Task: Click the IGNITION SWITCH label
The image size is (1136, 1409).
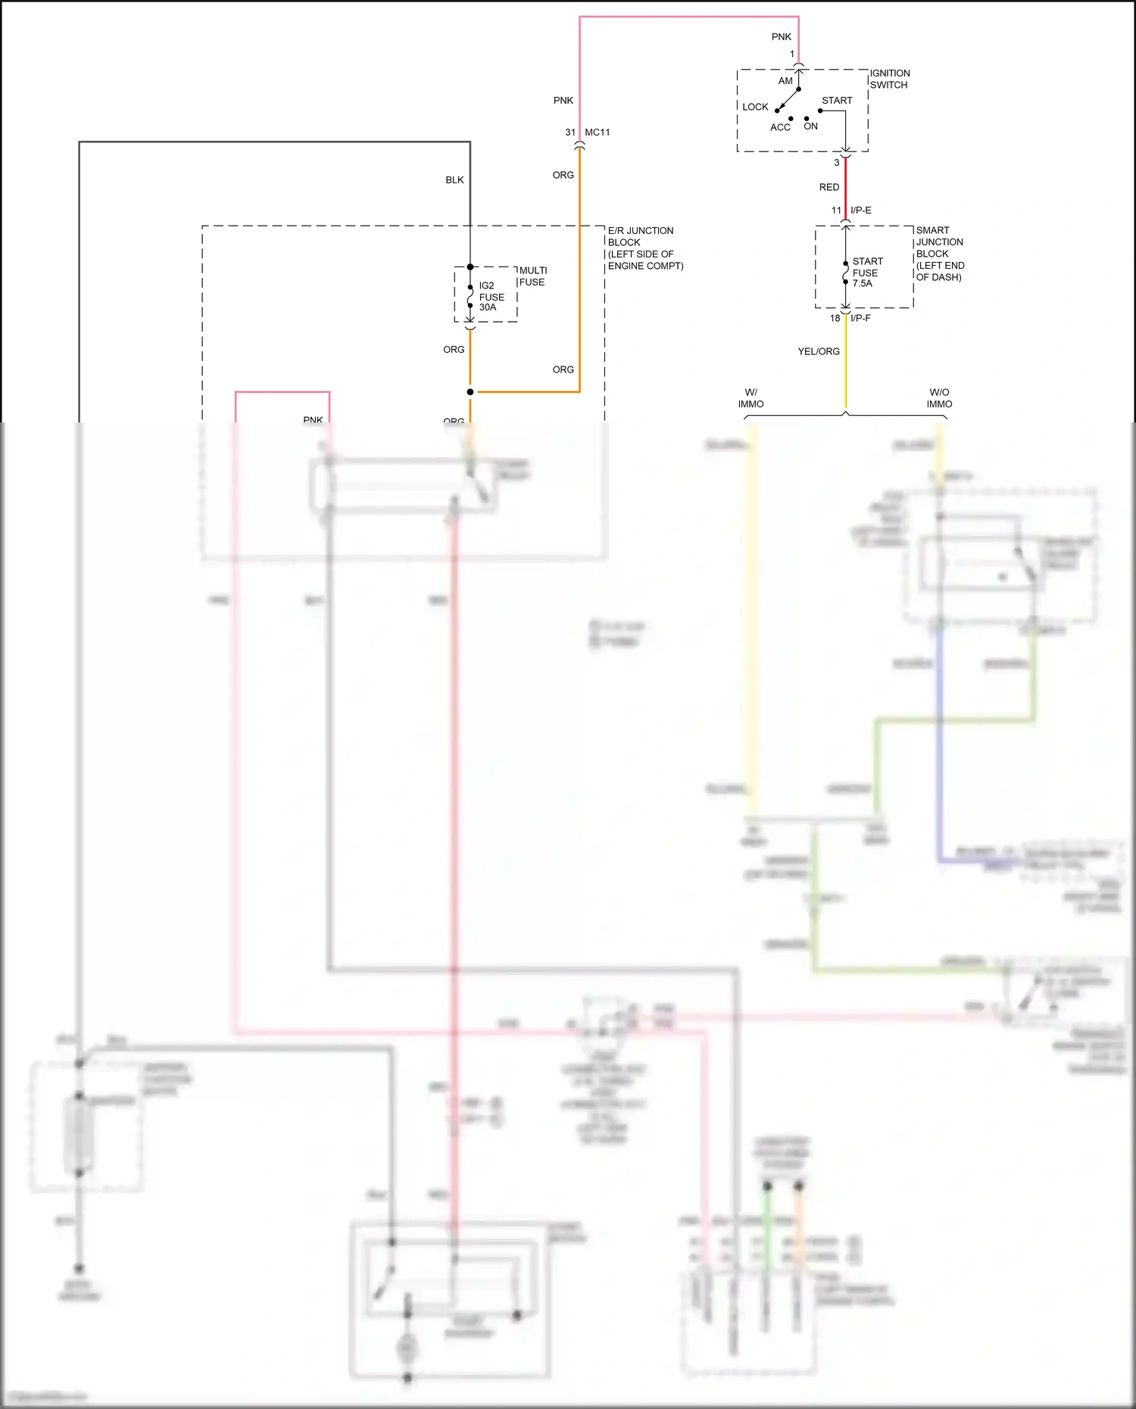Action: pyautogui.click(x=890, y=79)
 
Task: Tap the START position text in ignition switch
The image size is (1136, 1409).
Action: pyautogui.click(x=837, y=100)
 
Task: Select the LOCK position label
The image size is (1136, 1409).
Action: pyautogui.click(x=755, y=107)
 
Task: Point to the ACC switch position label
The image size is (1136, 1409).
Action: pyautogui.click(x=780, y=127)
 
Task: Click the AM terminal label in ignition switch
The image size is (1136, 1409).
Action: pyautogui.click(x=785, y=81)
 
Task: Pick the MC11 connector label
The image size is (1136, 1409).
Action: pyautogui.click(x=597, y=132)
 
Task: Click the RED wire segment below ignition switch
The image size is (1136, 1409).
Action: pyautogui.click(x=846, y=186)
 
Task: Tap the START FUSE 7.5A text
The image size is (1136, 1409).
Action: pyautogui.click(x=867, y=272)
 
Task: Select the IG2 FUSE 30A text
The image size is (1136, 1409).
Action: pyautogui.click(x=492, y=296)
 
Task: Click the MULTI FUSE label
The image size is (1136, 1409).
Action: pyautogui.click(x=532, y=276)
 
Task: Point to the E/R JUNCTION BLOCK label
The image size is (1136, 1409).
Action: pyautogui.click(x=645, y=248)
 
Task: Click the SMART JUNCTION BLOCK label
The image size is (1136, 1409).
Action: pyautogui.click(x=940, y=254)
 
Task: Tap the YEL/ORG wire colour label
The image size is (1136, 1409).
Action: pyautogui.click(x=819, y=351)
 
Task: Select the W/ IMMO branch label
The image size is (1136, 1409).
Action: pyautogui.click(x=751, y=398)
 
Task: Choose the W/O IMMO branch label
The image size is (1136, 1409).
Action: pyautogui.click(x=939, y=398)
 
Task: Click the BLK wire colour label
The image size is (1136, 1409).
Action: pyautogui.click(x=454, y=180)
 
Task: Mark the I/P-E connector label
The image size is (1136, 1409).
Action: pyautogui.click(x=861, y=210)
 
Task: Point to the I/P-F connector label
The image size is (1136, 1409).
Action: pyautogui.click(x=860, y=318)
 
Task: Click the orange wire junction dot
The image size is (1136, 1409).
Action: pyautogui.click(x=470, y=391)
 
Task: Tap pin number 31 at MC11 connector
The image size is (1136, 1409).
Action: pyautogui.click(x=570, y=132)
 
